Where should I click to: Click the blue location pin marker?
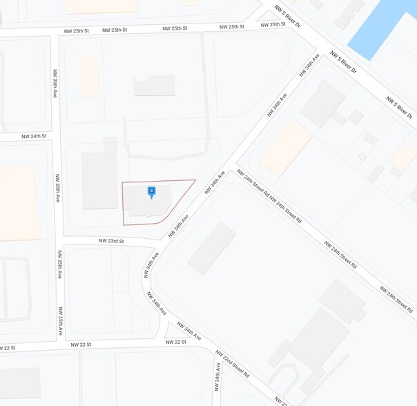[x=151, y=191]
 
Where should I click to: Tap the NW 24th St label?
[x=34, y=136]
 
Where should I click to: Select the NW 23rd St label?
[x=110, y=241]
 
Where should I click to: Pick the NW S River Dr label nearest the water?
[x=343, y=61]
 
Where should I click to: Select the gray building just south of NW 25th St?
[x=154, y=86]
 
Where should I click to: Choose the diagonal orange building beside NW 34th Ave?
[x=285, y=148]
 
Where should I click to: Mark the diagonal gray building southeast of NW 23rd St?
[x=212, y=247]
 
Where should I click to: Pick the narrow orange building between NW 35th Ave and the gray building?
[x=90, y=76]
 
